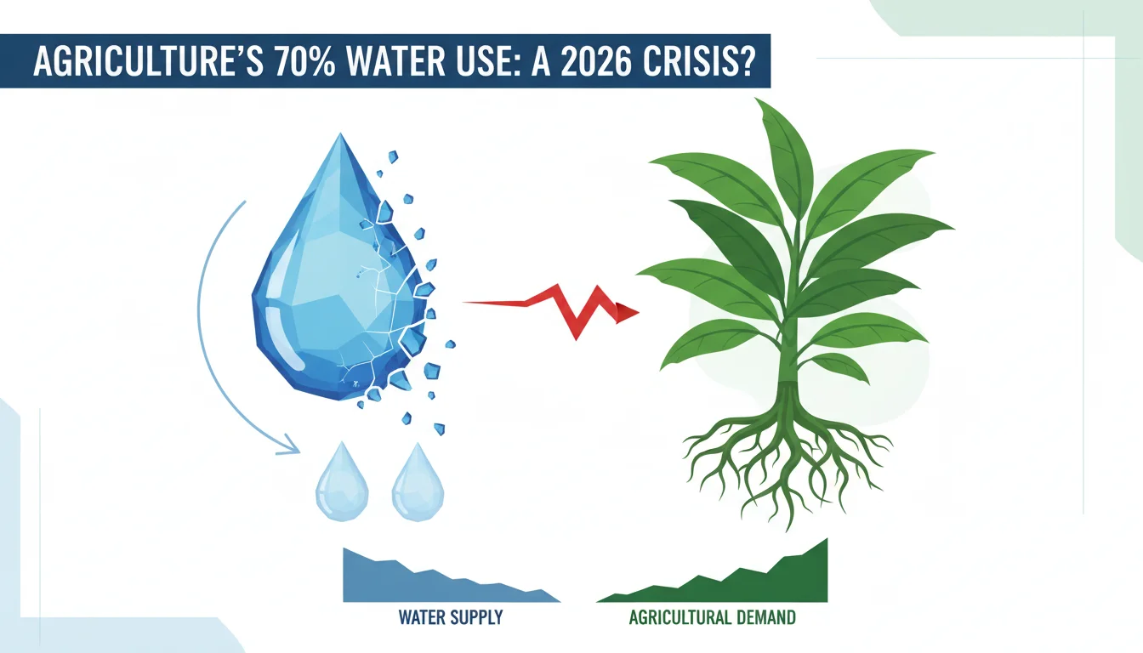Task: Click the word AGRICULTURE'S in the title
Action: (149, 61)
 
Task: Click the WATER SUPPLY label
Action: (451, 617)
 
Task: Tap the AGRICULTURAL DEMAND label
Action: (713, 617)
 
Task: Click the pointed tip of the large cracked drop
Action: (340, 133)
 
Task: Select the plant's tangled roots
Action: (788, 459)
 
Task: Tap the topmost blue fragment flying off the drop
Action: (392, 156)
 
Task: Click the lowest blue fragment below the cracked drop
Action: (439, 429)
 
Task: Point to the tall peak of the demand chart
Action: (827, 539)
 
